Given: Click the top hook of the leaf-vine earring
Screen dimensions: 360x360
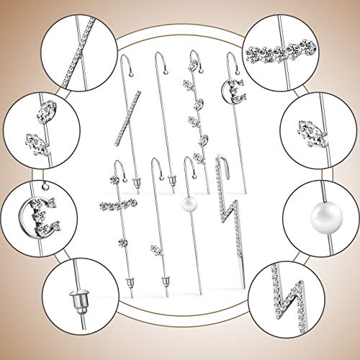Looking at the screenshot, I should [194, 55].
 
